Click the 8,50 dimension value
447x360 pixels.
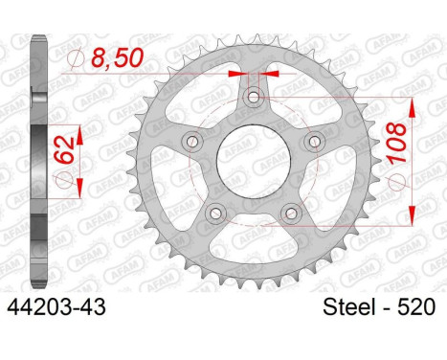117,57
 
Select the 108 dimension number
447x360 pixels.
397,144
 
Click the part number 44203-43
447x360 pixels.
56,307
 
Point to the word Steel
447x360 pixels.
348,307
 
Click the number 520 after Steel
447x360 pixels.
416,307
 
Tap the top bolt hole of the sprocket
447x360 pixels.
254,98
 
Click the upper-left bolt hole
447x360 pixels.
192,141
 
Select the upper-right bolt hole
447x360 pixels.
315,141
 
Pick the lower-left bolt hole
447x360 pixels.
215,213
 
